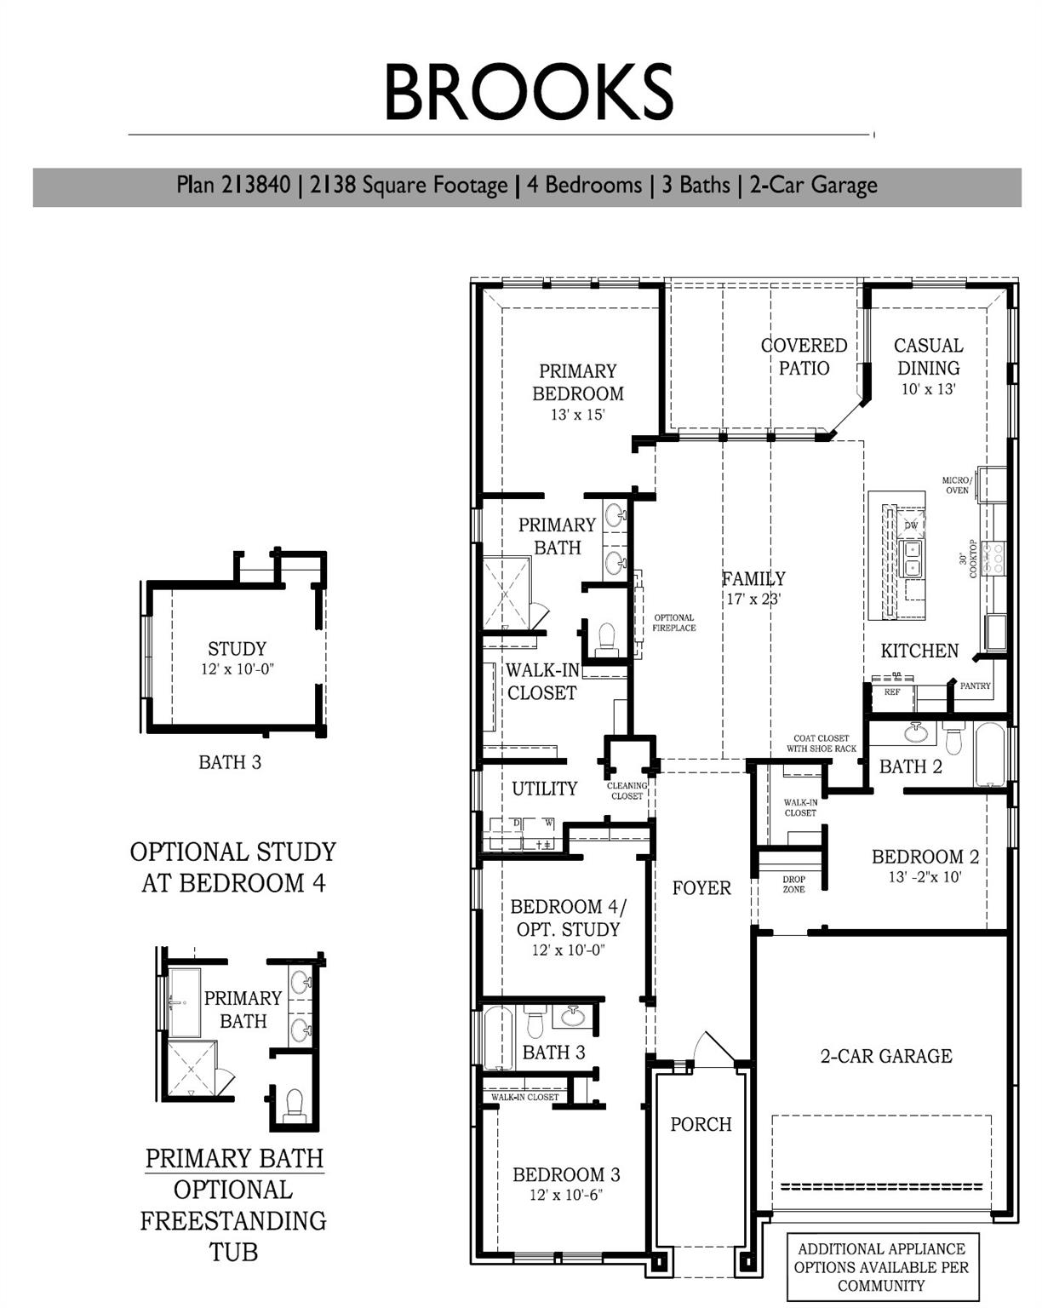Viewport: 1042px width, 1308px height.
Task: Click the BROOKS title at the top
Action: tap(528, 92)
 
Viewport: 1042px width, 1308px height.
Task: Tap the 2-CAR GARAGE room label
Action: tap(886, 1056)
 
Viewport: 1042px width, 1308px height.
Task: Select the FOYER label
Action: tap(701, 888)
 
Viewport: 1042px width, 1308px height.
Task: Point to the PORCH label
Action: tap(701, 1124)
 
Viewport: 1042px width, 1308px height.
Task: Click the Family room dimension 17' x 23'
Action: tap(753, 599)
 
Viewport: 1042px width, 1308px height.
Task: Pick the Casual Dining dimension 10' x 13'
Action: tap(928, 389)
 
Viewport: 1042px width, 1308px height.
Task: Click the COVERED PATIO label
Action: tap(804, 356)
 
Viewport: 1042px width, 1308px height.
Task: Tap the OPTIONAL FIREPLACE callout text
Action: tap(673, 622)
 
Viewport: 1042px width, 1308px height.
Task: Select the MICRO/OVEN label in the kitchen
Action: tap(956, 485)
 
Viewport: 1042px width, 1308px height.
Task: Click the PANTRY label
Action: tap(975, 686)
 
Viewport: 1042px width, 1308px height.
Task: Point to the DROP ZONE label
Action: tap(793, 885)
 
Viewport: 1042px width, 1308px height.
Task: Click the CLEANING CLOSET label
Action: tap(627, 791)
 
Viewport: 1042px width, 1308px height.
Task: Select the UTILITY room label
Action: tap(544, 789)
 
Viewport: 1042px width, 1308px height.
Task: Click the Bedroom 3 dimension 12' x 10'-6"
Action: tap(565, 1195)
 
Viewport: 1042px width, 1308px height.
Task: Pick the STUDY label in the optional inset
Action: tap(237, 649)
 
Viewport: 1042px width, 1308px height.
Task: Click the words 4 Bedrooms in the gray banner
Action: tap(584, 185)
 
